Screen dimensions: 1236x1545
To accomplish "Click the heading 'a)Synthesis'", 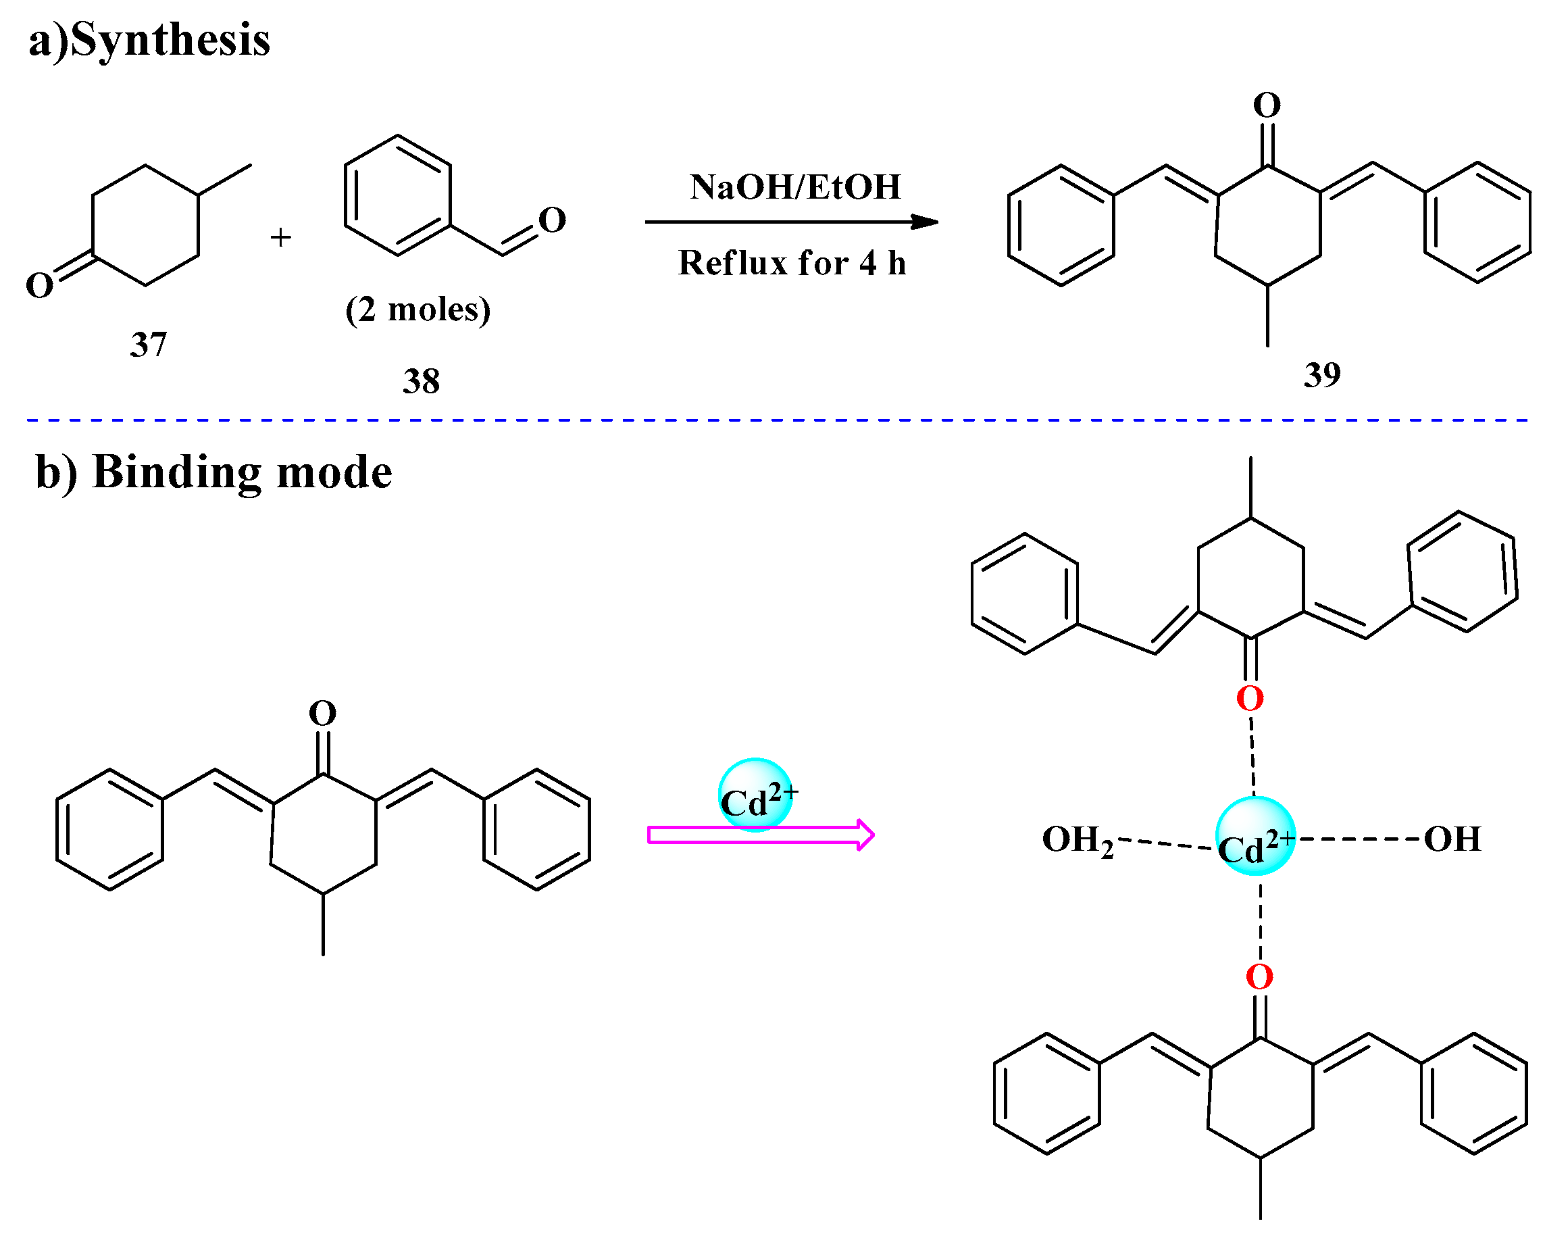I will (149, 39).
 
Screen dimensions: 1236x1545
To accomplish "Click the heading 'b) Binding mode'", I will (213, 472).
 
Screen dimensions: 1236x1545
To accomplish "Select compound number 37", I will (148, 345).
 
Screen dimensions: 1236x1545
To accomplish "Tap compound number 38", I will (421, 381).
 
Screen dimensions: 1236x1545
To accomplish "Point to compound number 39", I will (1321, 375).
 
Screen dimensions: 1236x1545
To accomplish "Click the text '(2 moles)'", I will (417, 310).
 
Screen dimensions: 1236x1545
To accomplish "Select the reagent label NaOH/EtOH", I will (794, 187).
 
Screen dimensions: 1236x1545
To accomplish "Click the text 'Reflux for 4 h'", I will (792, 263).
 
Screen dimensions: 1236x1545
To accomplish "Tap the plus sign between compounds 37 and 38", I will (280, 237).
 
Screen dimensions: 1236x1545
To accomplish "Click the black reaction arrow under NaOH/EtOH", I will (788, 222).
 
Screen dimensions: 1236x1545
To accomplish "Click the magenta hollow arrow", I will (759, 835).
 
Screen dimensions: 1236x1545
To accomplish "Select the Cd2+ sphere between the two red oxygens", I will (1255, 836).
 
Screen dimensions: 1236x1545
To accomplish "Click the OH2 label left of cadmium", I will (1077, 840).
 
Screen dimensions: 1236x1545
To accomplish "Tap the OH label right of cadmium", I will (1452, 839).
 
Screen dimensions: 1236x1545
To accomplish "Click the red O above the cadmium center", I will (1250, 698).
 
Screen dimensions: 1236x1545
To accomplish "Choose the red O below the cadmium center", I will (1259, 977).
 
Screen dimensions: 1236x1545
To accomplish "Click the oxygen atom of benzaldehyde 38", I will (552, 220).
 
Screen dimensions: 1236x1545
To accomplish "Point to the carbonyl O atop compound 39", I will (1266, 105).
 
